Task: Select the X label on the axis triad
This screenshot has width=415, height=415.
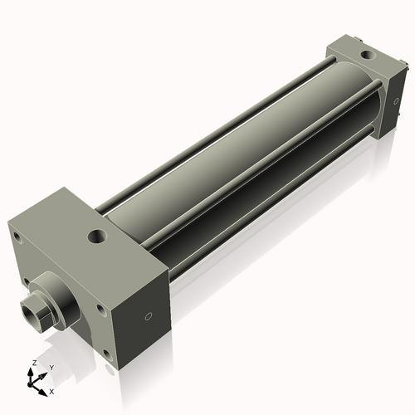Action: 51,390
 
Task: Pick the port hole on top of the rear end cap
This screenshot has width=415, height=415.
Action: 364,56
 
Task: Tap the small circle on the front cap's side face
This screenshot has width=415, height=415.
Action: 148,316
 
